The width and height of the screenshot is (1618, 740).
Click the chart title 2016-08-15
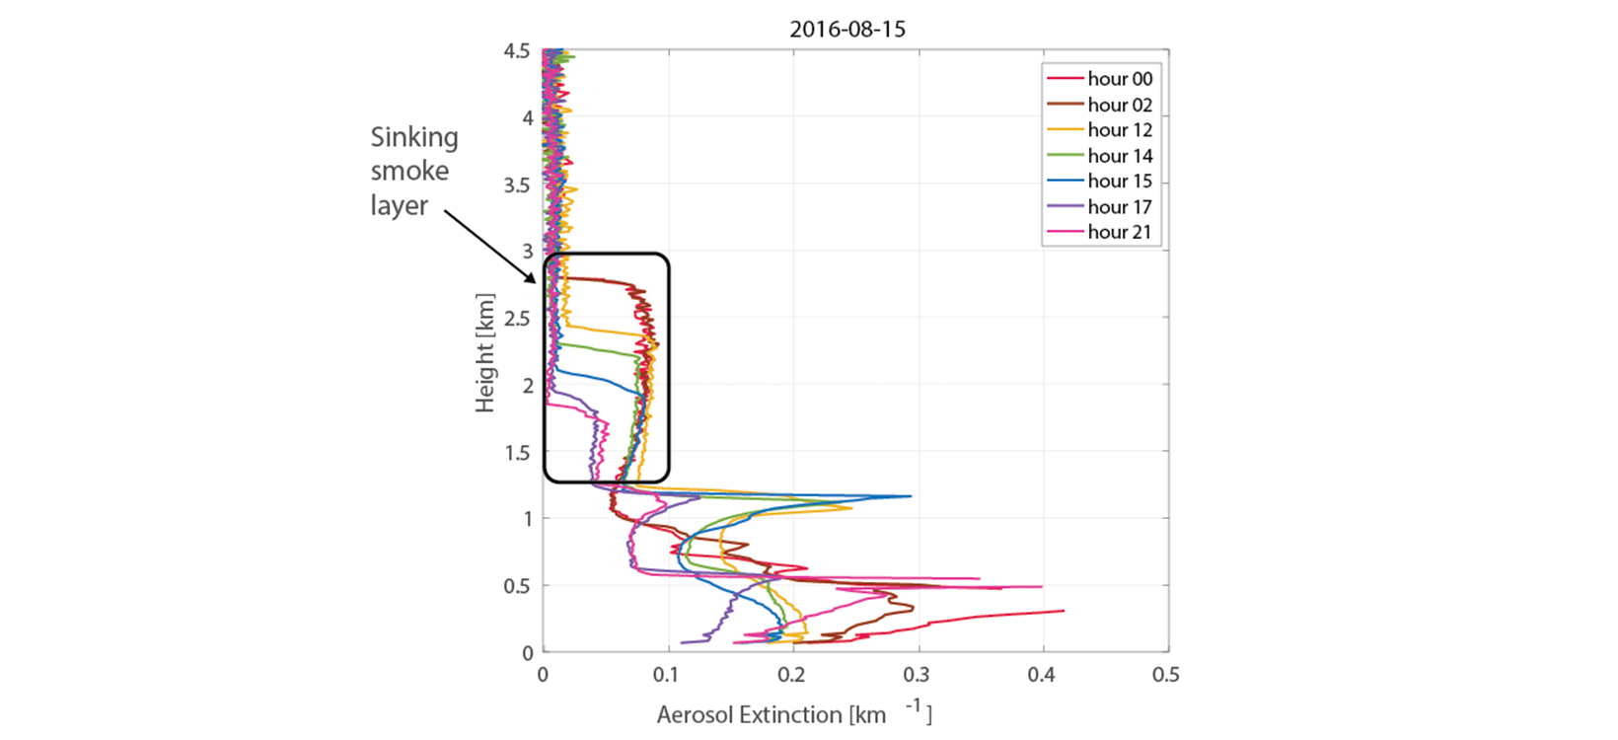point(846,30)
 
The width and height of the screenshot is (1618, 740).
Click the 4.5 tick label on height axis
point(518,51)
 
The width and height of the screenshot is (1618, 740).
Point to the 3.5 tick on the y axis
point(518,185)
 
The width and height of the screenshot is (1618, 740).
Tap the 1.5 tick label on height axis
point(518,453)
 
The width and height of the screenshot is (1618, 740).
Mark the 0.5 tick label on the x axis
point(1166,675)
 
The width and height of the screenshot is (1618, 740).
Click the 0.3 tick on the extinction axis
point(917,675)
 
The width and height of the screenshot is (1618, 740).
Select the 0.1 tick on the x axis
point(667,675)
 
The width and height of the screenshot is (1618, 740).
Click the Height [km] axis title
point(484,352)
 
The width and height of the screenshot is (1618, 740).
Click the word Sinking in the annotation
point(414,137)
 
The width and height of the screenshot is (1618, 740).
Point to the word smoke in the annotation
point(409,172)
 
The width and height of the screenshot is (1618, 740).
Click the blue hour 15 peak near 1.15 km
point(909,496)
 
